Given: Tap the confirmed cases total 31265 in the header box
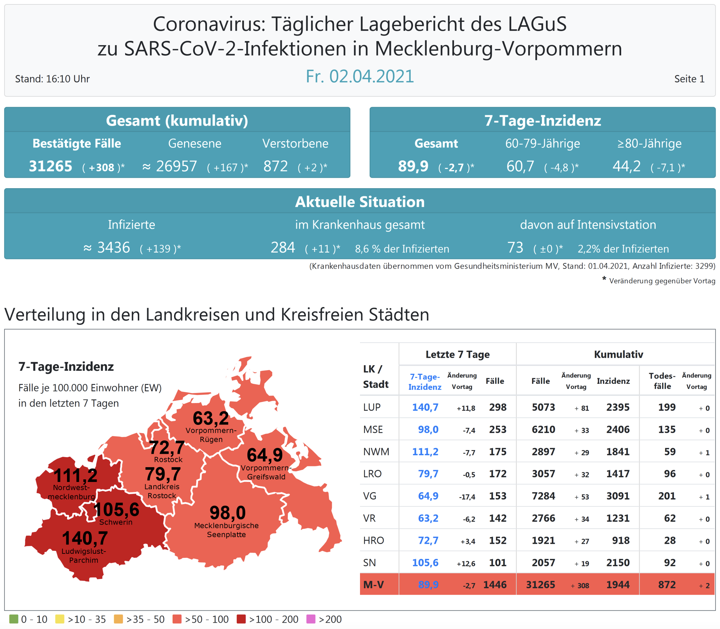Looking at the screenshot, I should point(50,166).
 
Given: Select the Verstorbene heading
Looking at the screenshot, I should point(295,143).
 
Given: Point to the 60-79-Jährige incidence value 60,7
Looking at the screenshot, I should point(520,166).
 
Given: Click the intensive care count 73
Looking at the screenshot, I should point(515,247).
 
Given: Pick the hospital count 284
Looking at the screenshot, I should point(283,247).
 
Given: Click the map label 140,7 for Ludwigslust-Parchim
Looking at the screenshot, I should point(85,538).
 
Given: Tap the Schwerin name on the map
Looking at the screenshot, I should point(116,522).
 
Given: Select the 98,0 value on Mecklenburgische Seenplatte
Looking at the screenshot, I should point(227,513).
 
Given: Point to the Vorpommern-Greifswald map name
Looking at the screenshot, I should point(266,472).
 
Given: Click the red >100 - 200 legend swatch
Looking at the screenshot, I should point(241,619).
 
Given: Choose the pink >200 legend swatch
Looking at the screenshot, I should point(311,619).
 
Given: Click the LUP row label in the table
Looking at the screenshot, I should point(372,407).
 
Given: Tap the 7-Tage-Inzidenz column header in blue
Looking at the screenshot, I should point(425,382).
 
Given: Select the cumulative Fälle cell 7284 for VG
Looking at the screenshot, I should point(543,496).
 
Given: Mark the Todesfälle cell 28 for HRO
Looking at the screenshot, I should point(670,540).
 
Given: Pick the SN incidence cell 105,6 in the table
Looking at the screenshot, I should point(425,563).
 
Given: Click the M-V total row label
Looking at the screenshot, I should point(373,585).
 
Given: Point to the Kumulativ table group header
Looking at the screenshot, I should point(618,355).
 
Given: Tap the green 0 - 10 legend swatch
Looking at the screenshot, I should point(14,619).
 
